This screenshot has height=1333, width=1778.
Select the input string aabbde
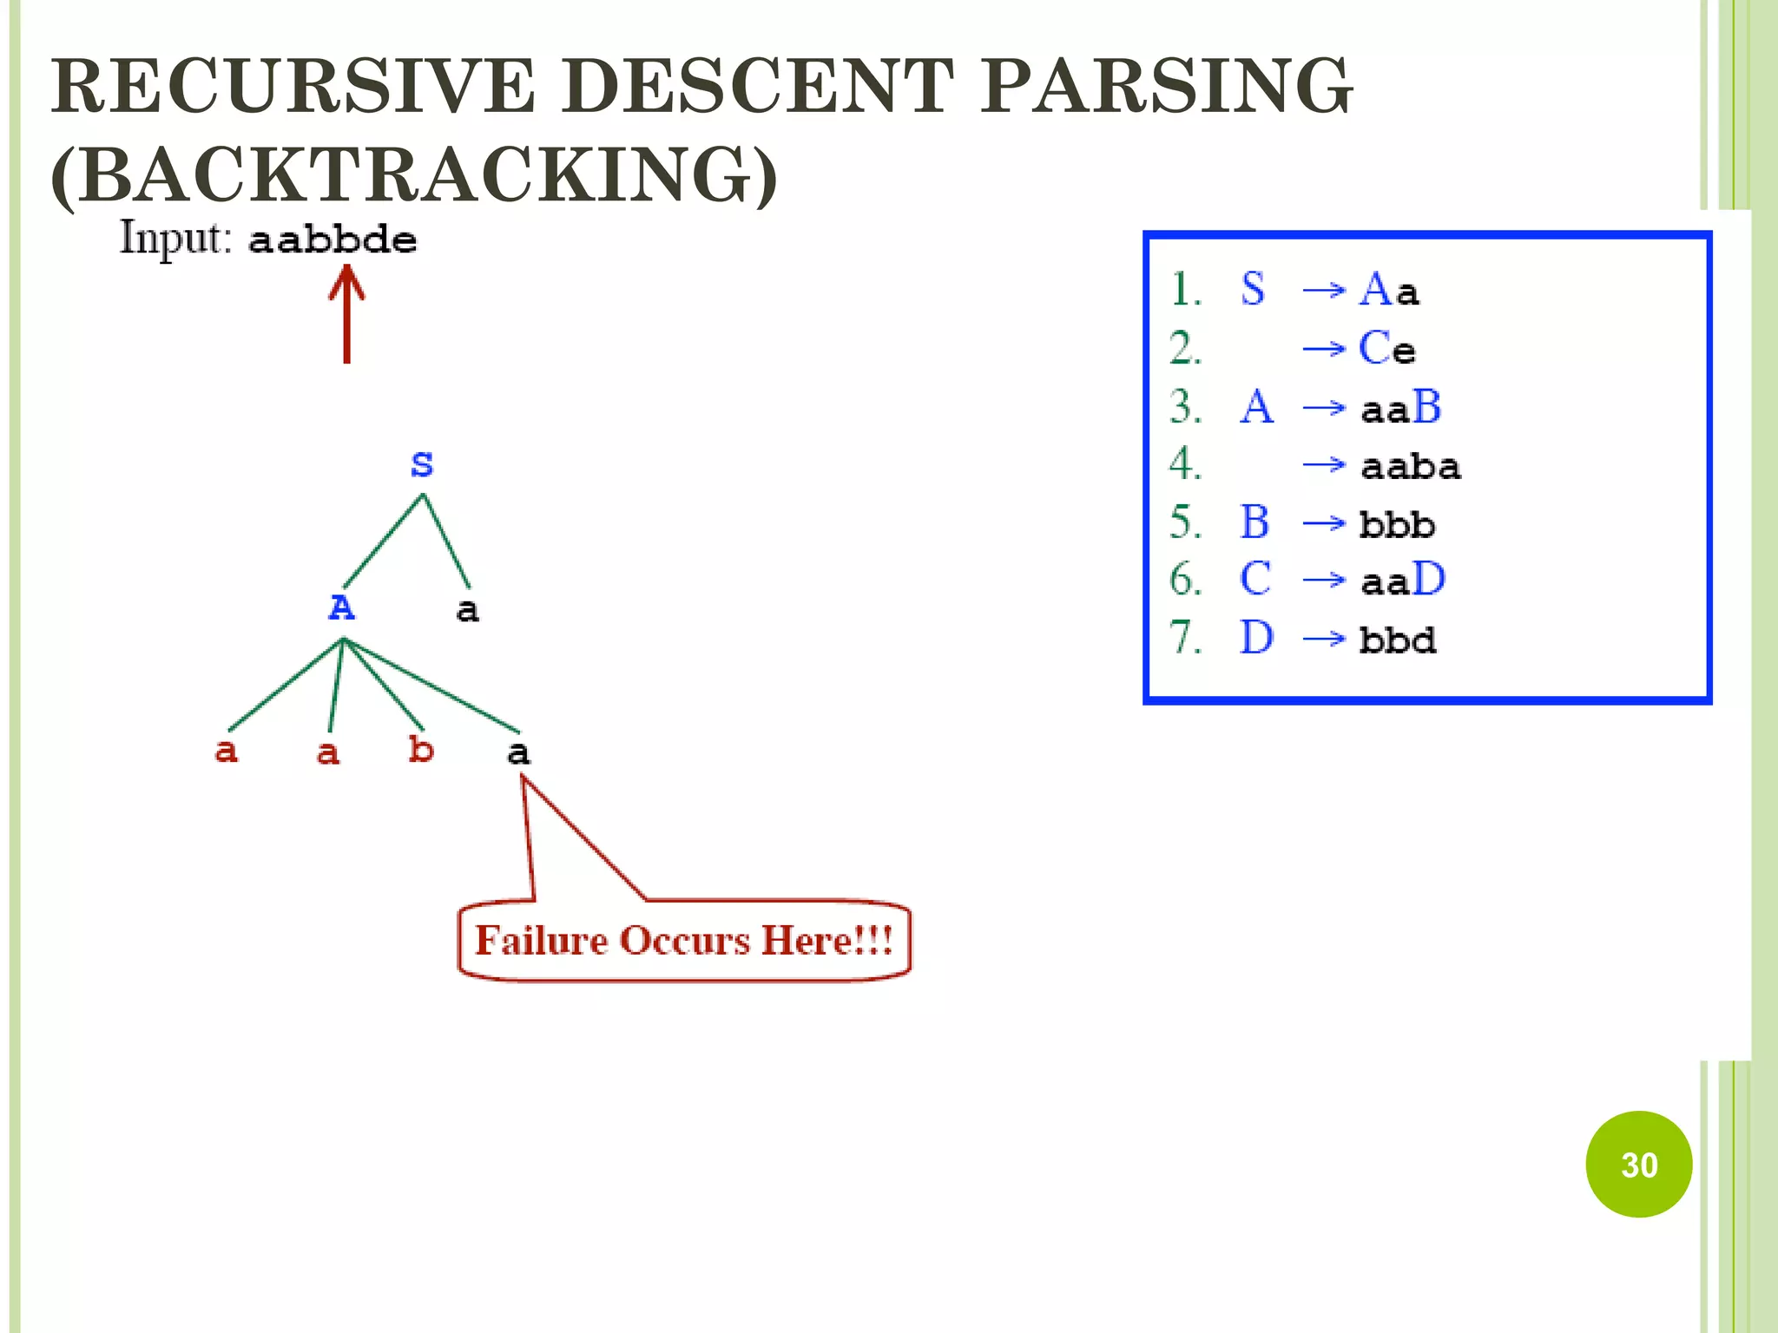click(x=333, y=240)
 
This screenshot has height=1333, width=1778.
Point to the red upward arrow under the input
click(x=346, y=312)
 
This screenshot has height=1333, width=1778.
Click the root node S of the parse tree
click(x=422, y=464)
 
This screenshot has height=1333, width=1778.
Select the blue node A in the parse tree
click(x=341, y=607)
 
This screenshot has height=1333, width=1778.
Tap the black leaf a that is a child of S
click(x=467, y=610)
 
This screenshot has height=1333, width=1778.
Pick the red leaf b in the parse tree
click(x=421, y=749)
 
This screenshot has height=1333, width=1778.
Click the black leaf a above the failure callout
click(x=518, y=752)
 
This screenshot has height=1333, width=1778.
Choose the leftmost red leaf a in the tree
click(x=226, y=751)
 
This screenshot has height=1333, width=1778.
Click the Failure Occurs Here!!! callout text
click(x=684, y=941)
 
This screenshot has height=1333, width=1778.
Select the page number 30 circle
click(x=1638, y=1164)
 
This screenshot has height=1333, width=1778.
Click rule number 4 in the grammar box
click(x=1185, y=464)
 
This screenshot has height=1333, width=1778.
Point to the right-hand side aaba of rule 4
click(x=1411, y=467)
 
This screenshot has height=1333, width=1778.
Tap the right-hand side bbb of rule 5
click(x=1397, y=524)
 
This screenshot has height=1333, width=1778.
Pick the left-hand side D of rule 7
click(x=1256, y=638)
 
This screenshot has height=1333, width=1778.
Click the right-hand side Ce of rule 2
click(x=1386, y=349)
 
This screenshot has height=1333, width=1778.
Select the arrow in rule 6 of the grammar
click(x=1324, y=580)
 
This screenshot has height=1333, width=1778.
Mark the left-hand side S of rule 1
click(x=1253, y=289)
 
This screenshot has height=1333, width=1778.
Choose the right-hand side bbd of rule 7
click(x=1398, y=640)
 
